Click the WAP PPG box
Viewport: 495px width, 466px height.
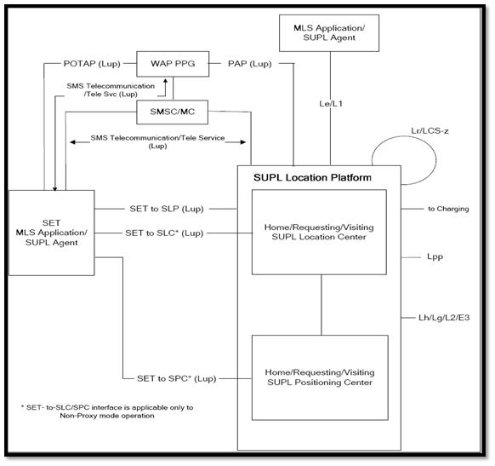click(x=168, y=63)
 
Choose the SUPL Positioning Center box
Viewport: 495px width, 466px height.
click(x=319, y=377)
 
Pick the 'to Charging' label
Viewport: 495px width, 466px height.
click(x=447, y=208)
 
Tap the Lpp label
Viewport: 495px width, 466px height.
click(x=435, y=255)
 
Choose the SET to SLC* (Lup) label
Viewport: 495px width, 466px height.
click(x=164, y=232)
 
